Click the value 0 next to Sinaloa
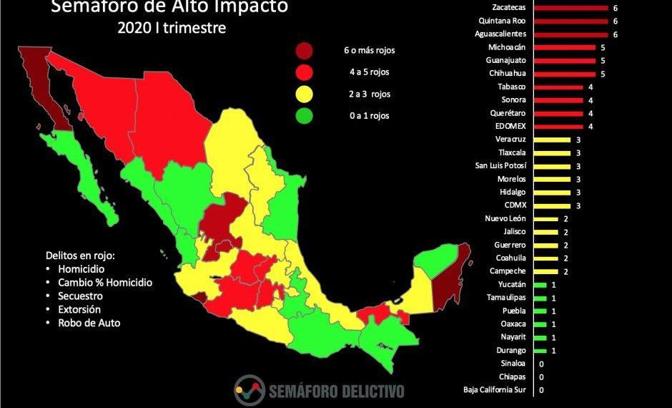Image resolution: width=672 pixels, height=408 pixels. (x=541, y=364)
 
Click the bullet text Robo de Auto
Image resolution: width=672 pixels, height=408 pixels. (x=90, y=323)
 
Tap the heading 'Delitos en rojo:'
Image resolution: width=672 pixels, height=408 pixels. (x=79, y=256)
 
